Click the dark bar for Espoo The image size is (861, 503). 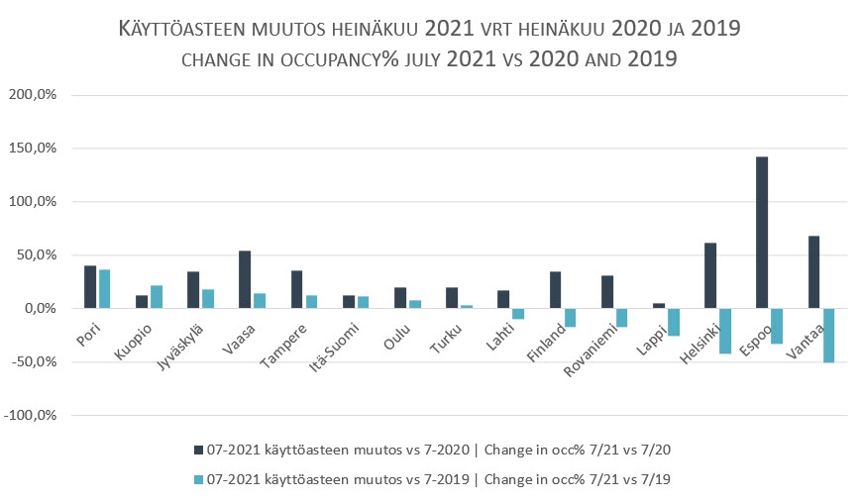762,233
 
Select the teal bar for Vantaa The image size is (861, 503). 827,335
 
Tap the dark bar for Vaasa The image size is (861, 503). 245,279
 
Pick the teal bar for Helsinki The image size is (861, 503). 724,331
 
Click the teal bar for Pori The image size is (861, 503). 104,288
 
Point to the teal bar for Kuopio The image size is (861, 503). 157,296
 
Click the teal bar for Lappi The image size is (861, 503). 673,322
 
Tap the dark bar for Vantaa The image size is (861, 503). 813,271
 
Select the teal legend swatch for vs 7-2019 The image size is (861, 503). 197,479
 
